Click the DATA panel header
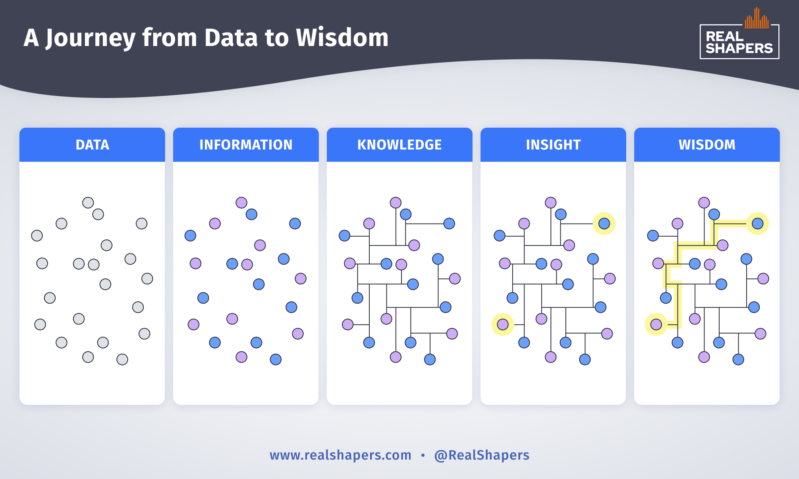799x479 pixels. point(92,145)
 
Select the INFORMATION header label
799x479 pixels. point(246,145)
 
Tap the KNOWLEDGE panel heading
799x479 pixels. point(399,145)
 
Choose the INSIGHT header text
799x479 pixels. point(553,145)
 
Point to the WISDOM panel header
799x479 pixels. point(707,145)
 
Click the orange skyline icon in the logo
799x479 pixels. point(757,19)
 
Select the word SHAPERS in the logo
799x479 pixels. point(739,48)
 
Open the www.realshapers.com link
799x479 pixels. point(340,455)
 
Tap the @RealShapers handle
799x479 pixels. point(482,455)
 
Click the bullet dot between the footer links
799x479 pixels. point(423,455)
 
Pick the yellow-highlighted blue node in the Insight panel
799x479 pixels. point(604,224)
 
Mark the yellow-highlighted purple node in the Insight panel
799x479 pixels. point(503,324)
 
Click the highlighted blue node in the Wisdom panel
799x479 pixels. point(757,224)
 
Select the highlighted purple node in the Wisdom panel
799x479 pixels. point(656,324)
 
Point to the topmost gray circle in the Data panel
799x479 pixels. point(88,203)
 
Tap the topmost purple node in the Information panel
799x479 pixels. point(241,203)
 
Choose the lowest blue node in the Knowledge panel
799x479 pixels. point(430,359)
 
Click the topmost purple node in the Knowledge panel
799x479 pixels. point(396,203)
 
